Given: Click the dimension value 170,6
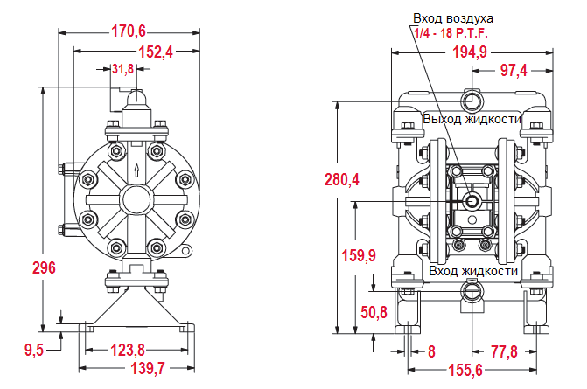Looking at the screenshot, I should tap(129, 31).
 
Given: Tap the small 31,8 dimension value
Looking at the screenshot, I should tap(123, 69).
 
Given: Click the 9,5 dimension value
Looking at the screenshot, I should tap(34, 350).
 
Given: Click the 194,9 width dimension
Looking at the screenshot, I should tap(470, 52).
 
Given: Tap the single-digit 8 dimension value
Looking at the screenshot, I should tap(430, 351).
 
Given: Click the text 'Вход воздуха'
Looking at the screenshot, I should tap(453, 18).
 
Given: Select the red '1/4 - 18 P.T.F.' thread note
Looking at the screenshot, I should tap(451, 33).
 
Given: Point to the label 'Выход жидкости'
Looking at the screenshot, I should tap(472, 119).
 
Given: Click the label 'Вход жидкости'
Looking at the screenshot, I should tap(473, 271).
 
